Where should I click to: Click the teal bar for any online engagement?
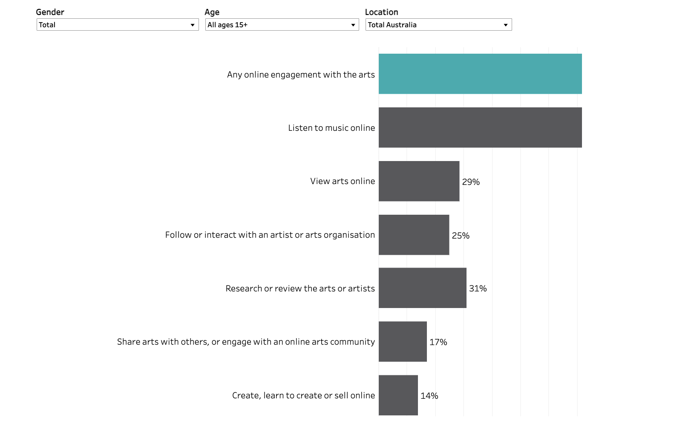[x=480, y=74]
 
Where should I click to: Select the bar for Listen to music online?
[x=480, y=127]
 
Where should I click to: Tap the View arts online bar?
[x=419, y=181]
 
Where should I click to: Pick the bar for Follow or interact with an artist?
[x=414, y=235]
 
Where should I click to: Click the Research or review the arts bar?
[x=422, y=288]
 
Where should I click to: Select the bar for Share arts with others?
[x=403, y=342]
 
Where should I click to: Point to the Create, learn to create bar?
[x=398, y=395]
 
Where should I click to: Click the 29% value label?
[x=471, y=182]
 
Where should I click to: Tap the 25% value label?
[x=461, y=236]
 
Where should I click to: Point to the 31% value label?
[x=478, y=288]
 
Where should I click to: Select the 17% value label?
[x=438, y=342]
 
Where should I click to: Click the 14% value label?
[x=429, y=396]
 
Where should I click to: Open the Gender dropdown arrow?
[x=193, y=25]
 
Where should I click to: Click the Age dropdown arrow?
[x=353, y=25]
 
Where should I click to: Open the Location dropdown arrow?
[x=506, y=25]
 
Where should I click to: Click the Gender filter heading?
[x=50, y=12]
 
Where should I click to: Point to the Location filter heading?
[x=381, y=12]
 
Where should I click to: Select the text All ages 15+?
[x=228, y=25]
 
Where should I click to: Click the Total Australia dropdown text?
[x=392, y=25]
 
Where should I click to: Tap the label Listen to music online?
[x=331, y=128]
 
